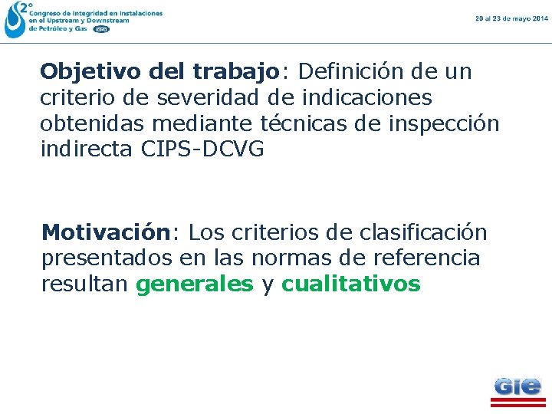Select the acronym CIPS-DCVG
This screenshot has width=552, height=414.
click(203, 149)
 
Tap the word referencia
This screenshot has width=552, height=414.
click(426, 258)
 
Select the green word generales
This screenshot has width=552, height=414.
click(194, 284)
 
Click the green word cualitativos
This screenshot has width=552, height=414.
click(351, 284)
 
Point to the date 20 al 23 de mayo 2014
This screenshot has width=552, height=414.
click(511, 18)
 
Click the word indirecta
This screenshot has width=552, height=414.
click(88, 149)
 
